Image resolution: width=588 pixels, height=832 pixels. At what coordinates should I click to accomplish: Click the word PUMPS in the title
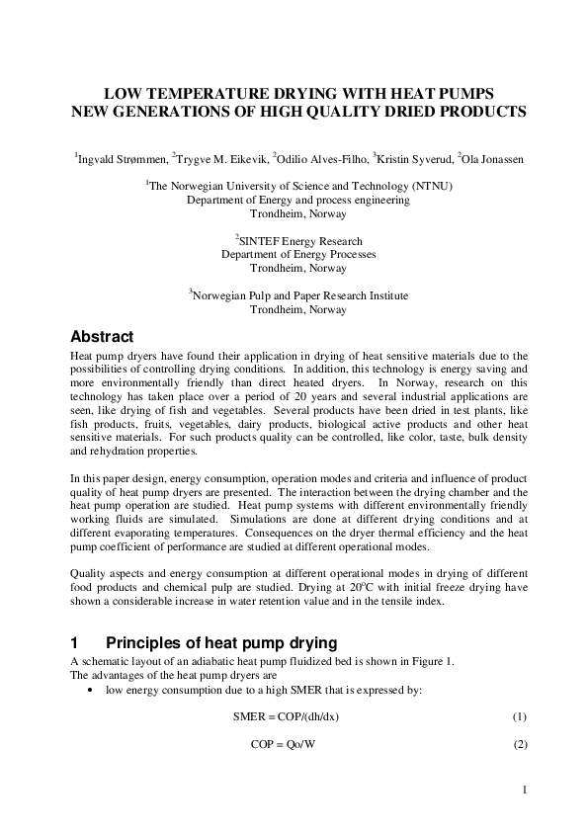pyautogui.click(x=460, y=93)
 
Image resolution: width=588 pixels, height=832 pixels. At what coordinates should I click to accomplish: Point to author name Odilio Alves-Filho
pyautogui.click(x=321, y=158)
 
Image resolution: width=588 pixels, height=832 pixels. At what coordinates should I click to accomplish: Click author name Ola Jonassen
pyautogui.click(x=490, y=158)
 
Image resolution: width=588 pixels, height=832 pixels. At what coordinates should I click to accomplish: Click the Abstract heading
pyautogui.click(x=102, y=337)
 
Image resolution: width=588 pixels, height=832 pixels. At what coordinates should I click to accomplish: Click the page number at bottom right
pyautogui.click(x=525, y=790)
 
